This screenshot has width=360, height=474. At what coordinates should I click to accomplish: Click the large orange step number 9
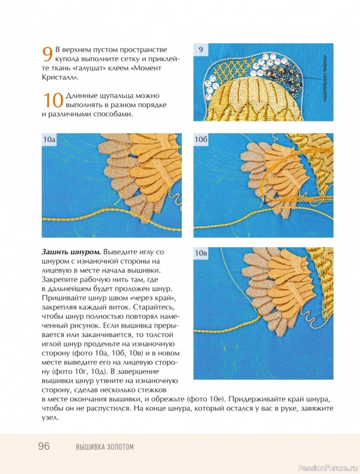pyautogui.click(x=47, y=55)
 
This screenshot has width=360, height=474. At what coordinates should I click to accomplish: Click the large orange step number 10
pyautogui.click(x=53, y=100)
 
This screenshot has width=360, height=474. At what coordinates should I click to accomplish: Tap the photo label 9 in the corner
pyautogui.click(x=201, y=50)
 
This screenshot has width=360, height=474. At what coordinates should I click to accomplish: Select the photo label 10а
pyautogui.click(x=49, y=140)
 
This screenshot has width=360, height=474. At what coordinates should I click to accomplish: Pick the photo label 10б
pyautogui.click(x=201, y=140)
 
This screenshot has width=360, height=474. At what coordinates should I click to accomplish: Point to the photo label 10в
pyautogui.click(x=201, y=254)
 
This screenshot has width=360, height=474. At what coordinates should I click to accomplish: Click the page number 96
pyautogui.click(x=44, y=446)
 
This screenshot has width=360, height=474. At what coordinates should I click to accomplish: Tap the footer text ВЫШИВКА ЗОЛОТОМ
pyautogui.click(x=105, y=447)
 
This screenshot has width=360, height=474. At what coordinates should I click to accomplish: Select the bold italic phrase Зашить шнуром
pyautogui.click(x=71, y=252)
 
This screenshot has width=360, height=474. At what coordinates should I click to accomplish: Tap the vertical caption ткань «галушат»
pyautogui.click(x=326, y=78)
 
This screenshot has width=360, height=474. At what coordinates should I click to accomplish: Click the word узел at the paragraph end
pyautogui.click(x=50, y=418)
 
